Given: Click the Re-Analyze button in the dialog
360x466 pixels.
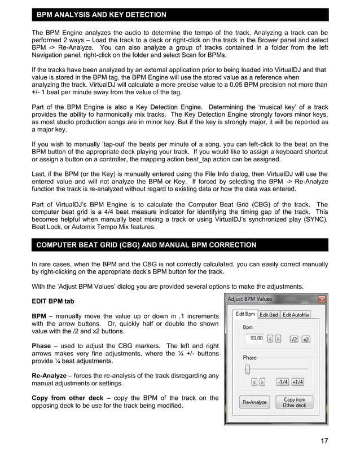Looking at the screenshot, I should tap(254, 402).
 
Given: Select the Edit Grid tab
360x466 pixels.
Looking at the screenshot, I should tap(269, 315).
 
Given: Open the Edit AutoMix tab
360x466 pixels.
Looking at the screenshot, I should tap(296, 315).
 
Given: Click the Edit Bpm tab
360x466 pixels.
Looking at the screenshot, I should tap(245, 314).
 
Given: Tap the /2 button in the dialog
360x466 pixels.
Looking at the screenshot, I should tap(293, 338).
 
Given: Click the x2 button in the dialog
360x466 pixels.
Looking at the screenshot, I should tap(306, 338).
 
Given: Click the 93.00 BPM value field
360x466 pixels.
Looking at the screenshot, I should tap(256, 338).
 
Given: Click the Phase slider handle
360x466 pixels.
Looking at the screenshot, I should tap(247, 370).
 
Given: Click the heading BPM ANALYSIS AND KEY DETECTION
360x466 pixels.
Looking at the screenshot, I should tap(102, 14).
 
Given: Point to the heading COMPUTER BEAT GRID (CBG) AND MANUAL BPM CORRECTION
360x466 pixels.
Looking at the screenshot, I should tap(146, 245).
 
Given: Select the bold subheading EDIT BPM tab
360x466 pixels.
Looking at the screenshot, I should tap(52, 301).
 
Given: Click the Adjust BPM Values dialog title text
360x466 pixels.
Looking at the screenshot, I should tap(249, 299).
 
